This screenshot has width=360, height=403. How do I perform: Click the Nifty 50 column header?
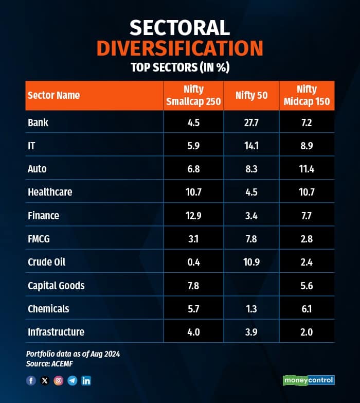pos(251,95)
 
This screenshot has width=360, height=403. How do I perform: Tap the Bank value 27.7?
pos(251,122)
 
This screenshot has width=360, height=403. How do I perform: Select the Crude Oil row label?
pos(46,262)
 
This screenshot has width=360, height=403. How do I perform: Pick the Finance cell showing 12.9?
pos(193,216)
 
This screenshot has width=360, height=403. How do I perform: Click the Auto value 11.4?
pos(307,169)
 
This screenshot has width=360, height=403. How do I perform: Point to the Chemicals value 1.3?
pos(251,309)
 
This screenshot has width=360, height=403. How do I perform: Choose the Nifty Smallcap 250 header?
pos(193,95)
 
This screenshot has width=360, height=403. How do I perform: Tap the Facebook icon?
pos(31,381)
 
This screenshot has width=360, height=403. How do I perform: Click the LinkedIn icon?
pos(86,381)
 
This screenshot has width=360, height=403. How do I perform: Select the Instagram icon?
pos(59,381)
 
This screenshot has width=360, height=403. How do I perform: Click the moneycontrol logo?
pos(309,380)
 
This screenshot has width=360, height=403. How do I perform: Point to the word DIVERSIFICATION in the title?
pos(180,48)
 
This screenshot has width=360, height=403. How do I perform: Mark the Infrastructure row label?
pos(56,332)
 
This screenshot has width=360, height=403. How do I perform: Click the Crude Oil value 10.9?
pos(251,262)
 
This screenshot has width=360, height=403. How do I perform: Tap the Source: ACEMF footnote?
pos(50,363)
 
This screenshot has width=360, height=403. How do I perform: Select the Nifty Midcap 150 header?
pos(307,95)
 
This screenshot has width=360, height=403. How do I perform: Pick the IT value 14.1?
pos(251,146)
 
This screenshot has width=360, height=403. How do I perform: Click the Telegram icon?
pos(73,381)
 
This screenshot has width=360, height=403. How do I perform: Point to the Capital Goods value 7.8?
pos(193,286)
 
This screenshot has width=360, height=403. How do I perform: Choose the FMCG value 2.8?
pos(307,239)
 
